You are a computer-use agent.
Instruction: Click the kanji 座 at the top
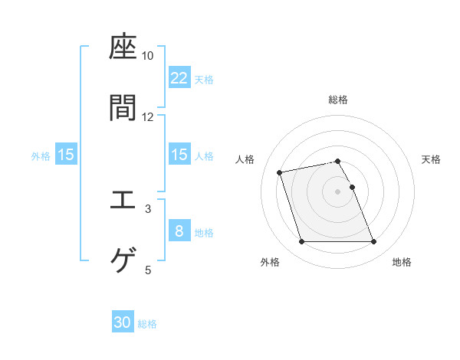123,47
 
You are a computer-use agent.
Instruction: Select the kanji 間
123,108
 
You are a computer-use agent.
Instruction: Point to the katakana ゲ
123,260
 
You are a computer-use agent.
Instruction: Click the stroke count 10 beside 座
148,56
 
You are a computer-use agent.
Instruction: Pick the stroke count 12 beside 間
148,116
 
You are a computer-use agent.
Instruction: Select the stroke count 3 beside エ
148,208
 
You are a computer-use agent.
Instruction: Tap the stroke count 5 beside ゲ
148,269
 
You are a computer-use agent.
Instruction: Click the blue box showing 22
179,77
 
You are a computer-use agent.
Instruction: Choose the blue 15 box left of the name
66,155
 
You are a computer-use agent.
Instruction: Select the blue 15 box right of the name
179,155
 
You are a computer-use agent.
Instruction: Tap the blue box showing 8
179,231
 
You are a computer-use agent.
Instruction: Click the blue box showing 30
123,322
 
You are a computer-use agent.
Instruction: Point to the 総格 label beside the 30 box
148,324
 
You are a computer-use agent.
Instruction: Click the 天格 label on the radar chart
432,159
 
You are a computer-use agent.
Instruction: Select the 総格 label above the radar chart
338,100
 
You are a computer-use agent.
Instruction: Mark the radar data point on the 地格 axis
373,242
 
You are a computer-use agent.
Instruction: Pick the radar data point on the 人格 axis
280,172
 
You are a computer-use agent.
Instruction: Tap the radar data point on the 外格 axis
301,242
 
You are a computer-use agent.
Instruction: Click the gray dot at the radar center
338,191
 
